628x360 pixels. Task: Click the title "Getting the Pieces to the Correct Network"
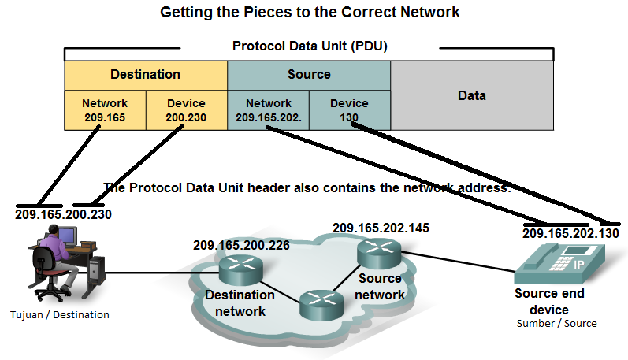310,13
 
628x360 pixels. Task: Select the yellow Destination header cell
145,75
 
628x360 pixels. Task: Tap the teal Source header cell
309,75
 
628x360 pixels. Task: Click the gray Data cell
471,95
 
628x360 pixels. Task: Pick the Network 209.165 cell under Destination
104,110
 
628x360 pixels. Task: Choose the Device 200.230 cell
186,110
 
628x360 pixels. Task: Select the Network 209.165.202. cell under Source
268,110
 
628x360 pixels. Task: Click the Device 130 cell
349,110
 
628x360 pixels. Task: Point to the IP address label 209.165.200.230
63,214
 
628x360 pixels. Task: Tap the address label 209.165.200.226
241,245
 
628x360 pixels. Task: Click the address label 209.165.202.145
381,228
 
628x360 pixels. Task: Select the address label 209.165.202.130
570,234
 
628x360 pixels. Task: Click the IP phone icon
557,264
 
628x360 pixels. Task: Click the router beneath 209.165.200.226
241,270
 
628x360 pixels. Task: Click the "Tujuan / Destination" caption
61,315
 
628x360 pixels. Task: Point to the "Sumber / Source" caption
556,324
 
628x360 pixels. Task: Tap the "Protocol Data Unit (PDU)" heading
310,46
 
